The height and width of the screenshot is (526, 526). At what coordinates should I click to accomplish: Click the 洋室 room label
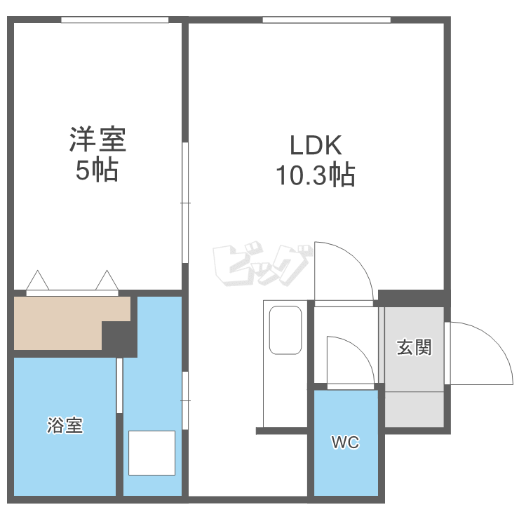[97, 140]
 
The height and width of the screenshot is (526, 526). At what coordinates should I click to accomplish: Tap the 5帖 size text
[97, 170]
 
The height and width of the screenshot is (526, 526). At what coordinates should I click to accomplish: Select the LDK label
[316, 145]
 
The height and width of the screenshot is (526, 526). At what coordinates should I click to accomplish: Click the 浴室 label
[65, 425]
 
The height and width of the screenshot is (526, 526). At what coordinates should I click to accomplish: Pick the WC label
[345, 443]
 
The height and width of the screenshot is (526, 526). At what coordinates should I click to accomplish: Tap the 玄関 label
[414, 347]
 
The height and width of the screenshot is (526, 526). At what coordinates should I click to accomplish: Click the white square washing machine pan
[151, 453]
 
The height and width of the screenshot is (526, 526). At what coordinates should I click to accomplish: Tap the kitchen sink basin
[285, 330]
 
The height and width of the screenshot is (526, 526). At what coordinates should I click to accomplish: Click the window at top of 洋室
[115, 20]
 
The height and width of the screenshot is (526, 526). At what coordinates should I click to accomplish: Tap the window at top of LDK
[326, 20]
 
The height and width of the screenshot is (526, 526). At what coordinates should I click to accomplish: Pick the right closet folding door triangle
[107, 280]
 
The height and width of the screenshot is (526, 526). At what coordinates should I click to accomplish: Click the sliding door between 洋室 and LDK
[185, 203]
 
